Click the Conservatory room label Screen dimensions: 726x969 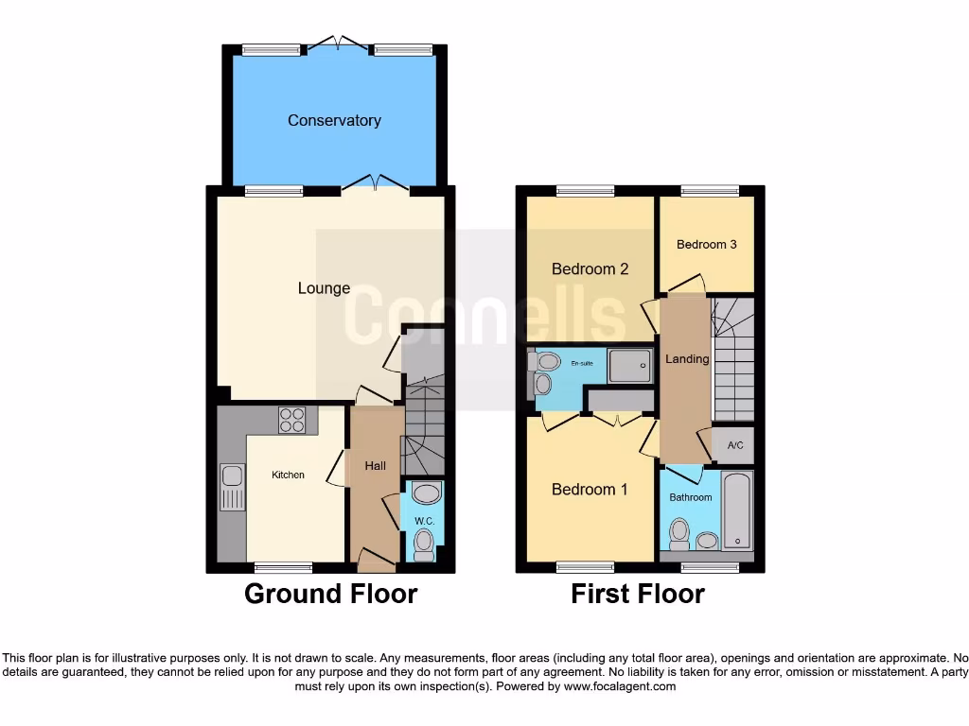[334, 120]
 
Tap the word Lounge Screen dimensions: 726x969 [325, 288]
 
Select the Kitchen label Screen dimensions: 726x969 [288, 475]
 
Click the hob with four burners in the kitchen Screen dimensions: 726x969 [291, 420]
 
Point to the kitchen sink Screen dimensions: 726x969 [231, 487]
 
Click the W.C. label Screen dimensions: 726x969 [423, 522]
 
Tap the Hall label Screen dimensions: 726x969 [376, 465]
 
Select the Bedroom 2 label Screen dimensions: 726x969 [590, 268]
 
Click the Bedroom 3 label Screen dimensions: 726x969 [706, 244]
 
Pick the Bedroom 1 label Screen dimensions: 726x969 [590, 489]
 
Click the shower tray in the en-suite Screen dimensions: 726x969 [629, 365]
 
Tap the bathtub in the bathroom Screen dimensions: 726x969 [737, 511]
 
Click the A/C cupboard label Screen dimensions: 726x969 [734, 445]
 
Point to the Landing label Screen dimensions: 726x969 [687, 359]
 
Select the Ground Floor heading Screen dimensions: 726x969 [330, 594]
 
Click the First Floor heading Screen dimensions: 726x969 [637, 594]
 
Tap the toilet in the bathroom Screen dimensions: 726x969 [678, 534]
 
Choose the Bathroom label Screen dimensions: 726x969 [690, 497]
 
